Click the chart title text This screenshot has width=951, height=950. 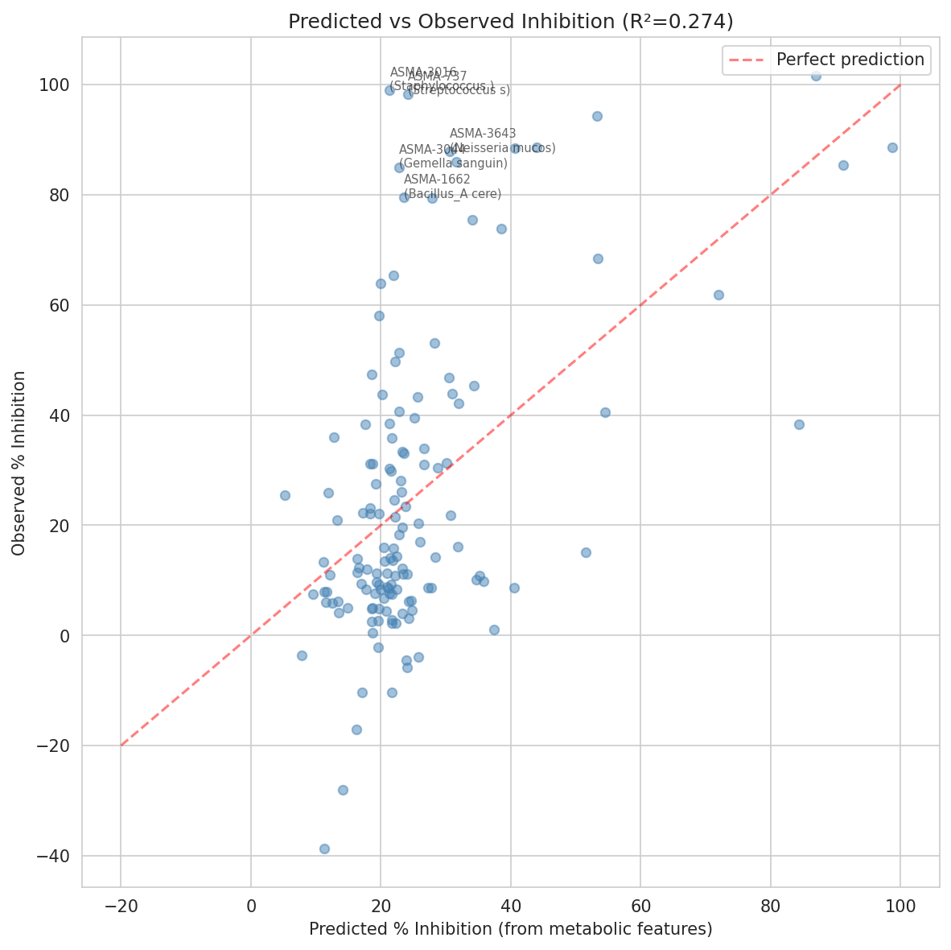pos(510,22)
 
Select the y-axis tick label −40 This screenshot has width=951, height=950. pos(55,856)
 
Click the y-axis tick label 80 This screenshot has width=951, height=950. pos(60,195)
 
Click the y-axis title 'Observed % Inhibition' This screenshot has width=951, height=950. pos(20,463)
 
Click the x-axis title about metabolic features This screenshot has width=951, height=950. pos(510,929)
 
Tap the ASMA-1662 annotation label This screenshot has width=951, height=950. pos(437,180)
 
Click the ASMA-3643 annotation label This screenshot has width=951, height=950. pos(483,134)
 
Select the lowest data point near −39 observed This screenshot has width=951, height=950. pos(324,849)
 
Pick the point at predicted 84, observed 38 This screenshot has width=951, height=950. pos(799,424)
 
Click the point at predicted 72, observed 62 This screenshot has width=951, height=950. pos(718,295)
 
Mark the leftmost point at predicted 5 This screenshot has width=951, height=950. pos(285,495)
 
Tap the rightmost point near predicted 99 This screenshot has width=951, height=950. pos(892,147)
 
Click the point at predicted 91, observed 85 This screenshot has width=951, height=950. pos(843,165)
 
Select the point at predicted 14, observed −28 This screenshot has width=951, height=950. pos(343,790)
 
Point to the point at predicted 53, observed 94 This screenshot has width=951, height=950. pos(597,116)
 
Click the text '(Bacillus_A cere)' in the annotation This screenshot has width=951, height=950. pos(452,194)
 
